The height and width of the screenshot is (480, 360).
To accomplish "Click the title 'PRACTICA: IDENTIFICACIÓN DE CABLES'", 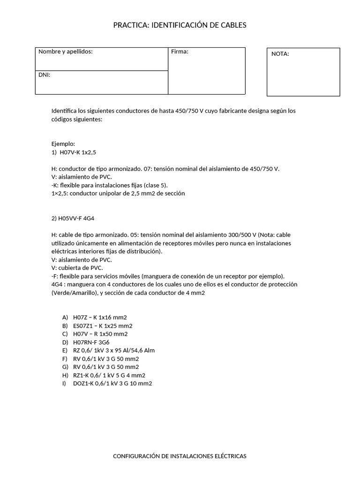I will [180, 25].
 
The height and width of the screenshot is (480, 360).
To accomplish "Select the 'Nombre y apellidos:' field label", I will [65, 52].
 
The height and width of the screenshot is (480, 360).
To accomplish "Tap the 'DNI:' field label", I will [44, 75].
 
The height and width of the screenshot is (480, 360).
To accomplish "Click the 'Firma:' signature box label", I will [180, 52].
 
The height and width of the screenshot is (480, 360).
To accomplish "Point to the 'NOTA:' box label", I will [280, 54].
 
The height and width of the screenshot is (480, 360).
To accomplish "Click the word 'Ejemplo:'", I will [63, 144].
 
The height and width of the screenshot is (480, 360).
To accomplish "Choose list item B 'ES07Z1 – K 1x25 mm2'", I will [103, 326].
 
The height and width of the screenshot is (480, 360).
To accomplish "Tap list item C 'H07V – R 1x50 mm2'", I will [100, 334].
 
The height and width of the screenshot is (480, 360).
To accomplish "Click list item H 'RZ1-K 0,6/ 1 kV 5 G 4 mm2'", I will [109, 375].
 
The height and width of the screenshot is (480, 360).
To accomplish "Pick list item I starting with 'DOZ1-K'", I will [112, 383].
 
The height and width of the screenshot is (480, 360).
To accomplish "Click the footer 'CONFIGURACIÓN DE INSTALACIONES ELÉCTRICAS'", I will [180, 456].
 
